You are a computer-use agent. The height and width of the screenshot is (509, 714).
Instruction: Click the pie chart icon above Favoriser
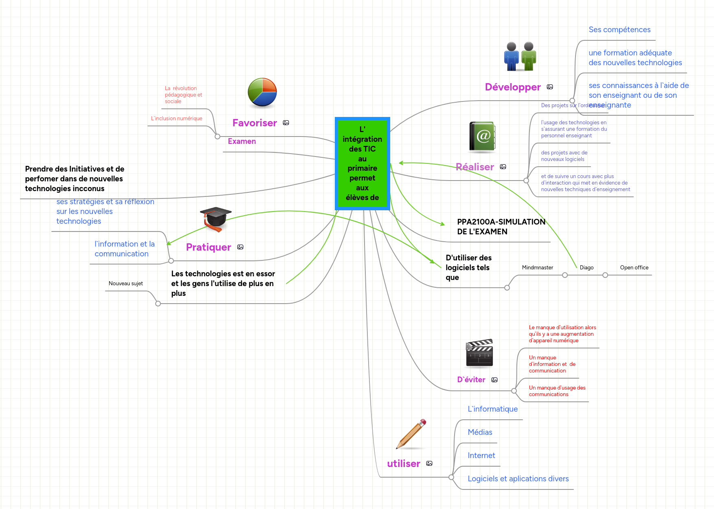tap(262, 93)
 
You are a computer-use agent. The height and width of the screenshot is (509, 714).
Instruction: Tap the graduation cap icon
tap(215, 218)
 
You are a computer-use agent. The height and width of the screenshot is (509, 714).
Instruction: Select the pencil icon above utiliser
tap(411, 434)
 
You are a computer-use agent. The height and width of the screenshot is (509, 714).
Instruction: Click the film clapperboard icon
tap(479, 353)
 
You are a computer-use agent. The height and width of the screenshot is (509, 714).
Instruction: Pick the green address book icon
tap(482, 137)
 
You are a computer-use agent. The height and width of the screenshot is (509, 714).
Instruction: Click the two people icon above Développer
tap(520, 56)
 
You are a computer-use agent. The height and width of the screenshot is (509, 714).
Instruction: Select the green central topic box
tap(362, 163)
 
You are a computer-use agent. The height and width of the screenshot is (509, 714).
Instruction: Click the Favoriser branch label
tap(255, 123)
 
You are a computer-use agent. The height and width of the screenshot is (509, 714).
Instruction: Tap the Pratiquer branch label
tap(208, 247)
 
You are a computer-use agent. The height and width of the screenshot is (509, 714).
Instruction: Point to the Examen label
tap(242, 141)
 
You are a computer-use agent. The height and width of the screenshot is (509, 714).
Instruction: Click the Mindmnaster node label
tap(537, 267)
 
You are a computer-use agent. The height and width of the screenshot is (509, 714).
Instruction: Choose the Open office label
tap(634, 267)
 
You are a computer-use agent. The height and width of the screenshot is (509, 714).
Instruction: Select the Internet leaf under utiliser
tap(481, 455)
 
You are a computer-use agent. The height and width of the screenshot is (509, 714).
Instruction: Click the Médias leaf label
tap(480, 432)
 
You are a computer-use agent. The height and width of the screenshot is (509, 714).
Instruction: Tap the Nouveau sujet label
tap(125, 283)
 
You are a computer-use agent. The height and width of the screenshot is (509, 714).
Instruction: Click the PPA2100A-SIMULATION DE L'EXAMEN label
tap(501, 227)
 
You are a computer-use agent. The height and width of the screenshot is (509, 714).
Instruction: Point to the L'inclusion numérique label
tap(176, 118)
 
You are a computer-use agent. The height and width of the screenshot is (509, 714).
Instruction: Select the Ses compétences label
tap(619, 29)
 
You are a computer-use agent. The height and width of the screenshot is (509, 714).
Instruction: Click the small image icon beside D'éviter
tap(494, 380)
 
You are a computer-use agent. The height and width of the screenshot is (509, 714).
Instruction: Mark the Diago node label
tap(587, 267)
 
